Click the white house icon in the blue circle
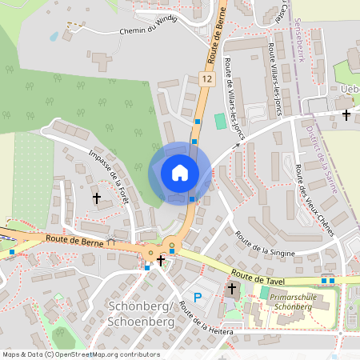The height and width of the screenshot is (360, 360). coord(180,172)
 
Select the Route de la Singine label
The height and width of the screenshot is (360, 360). coord(266,244)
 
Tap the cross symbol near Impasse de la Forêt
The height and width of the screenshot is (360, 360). coord(97,197)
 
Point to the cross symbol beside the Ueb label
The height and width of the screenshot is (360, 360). coord(346,114)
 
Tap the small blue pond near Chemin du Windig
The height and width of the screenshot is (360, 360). coord(54,36)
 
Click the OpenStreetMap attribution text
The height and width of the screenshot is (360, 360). coord(80,354)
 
